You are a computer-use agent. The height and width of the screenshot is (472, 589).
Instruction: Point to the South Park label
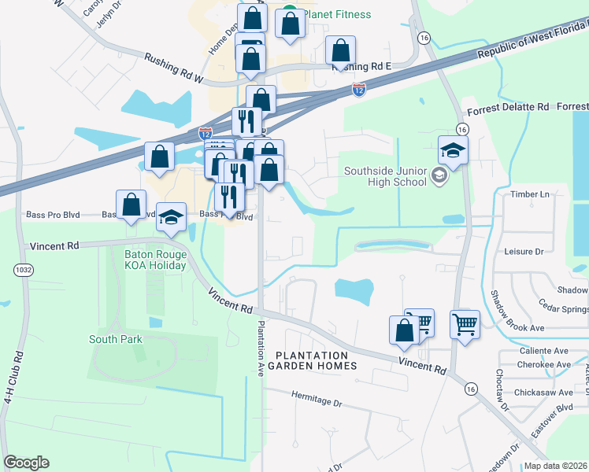[x=115, y=339]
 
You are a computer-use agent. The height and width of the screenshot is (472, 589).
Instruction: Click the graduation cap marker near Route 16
[x=453, y=149]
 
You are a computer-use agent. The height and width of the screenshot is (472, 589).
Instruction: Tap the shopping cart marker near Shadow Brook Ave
[x=465, y=323]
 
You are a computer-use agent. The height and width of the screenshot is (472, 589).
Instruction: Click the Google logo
[x=26, y=463]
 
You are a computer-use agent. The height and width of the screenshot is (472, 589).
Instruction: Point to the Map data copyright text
[x=556, y=466]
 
